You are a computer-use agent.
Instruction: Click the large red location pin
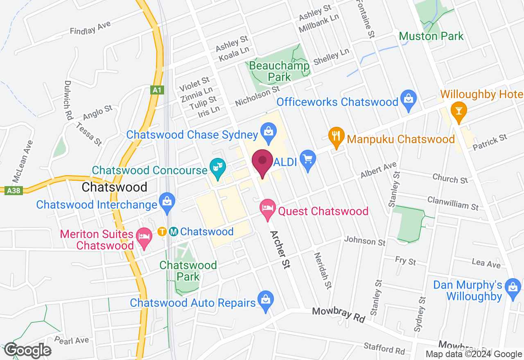(x=262, y=162)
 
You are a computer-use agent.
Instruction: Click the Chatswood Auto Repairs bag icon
(x=266, y=301)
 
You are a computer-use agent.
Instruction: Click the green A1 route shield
(x=157, y=90)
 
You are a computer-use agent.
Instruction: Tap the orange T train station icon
(x=162, y=232)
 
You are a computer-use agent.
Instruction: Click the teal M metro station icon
(x=174, y=232)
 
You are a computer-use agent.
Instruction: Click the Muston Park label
(x=431, y=36)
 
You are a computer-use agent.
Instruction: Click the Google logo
(x=27, y=351)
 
